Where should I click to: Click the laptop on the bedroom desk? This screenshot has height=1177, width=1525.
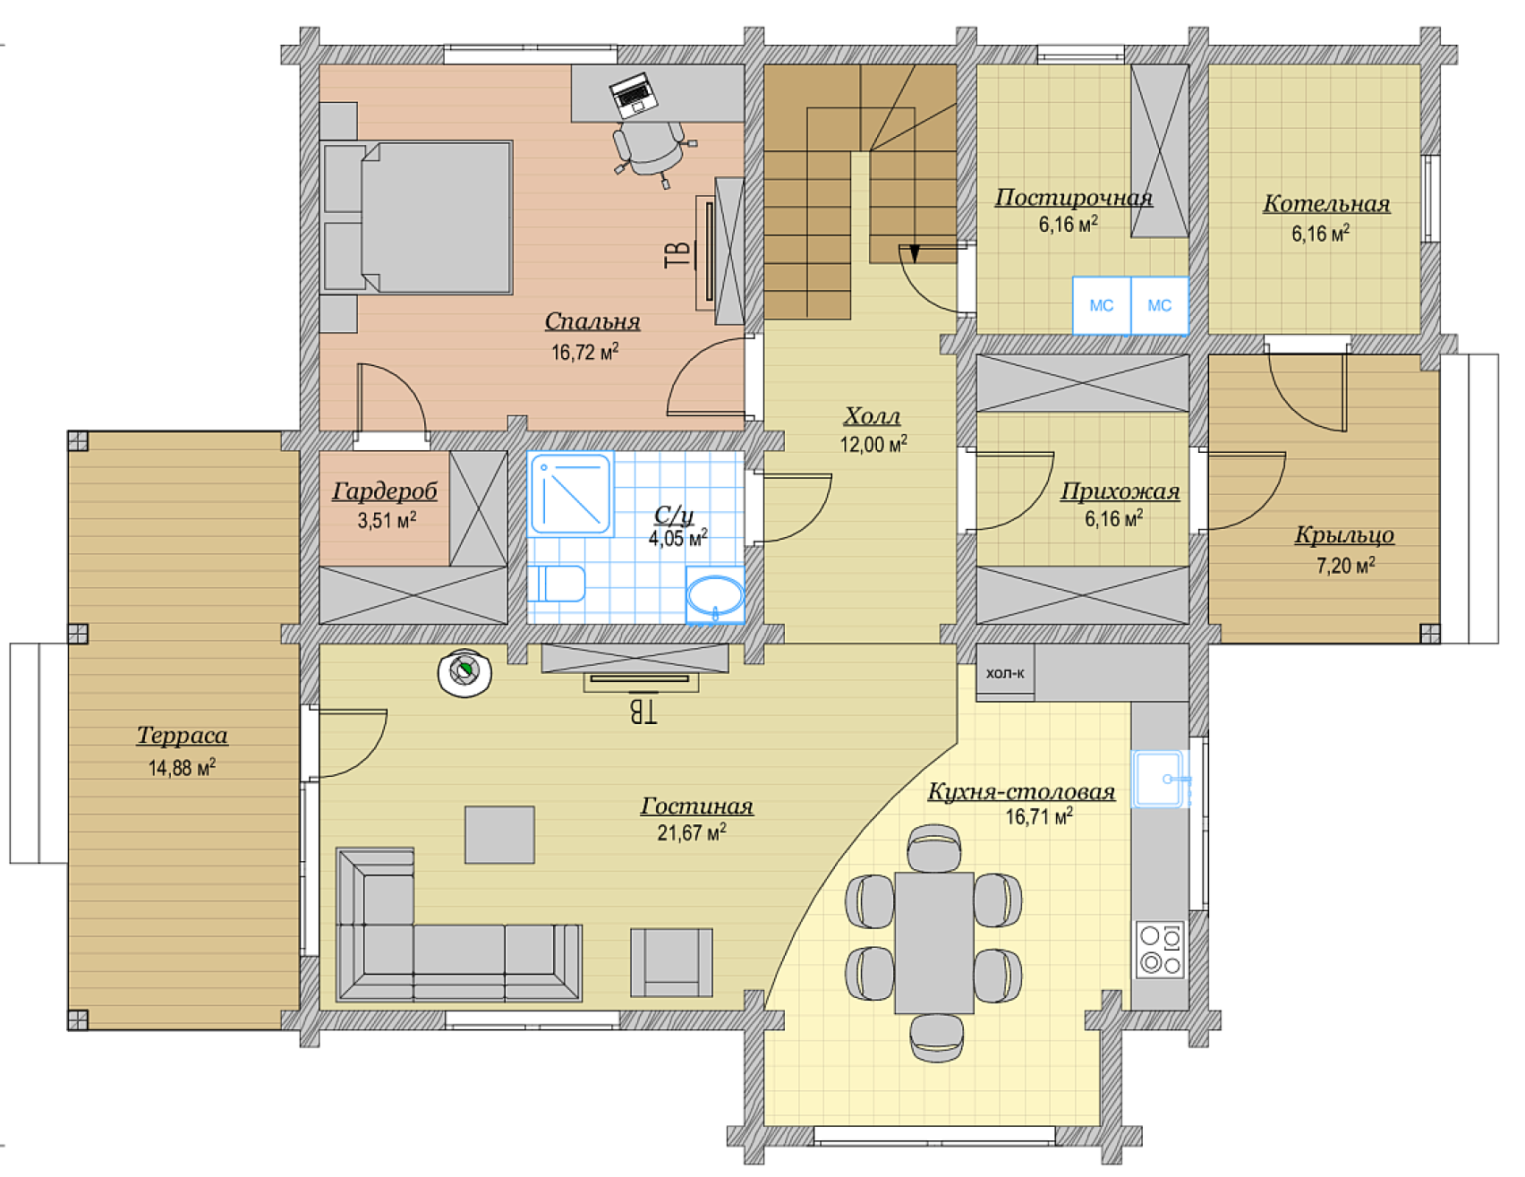coord(634,94)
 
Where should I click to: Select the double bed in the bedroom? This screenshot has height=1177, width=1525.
coord(417,217)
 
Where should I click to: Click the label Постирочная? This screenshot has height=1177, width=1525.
coord(1074,198)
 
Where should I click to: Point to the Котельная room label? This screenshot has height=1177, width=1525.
coord(1326,204)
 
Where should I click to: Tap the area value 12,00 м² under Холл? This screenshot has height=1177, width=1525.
coord(873,443)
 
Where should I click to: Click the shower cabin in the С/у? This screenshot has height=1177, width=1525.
coord(570,494)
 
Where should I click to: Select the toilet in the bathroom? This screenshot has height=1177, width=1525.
coord(556,584)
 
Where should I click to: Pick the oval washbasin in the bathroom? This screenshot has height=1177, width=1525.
coord(715,594)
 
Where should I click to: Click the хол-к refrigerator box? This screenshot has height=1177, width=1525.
coord(1005,672)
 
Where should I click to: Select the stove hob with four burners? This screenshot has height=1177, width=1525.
coord(1161,949)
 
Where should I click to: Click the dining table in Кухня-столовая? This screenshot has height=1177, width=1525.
coord(934,942)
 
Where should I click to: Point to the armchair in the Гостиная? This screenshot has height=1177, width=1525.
coord(671,962)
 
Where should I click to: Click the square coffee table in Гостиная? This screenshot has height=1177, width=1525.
coord(499,835)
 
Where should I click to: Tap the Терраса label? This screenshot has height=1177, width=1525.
coord(182,736)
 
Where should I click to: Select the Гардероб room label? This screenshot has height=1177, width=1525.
coord(385,491)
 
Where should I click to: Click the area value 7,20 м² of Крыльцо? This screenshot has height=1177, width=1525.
coord(1345,565)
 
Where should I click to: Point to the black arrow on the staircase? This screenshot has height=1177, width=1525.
coord(914,253)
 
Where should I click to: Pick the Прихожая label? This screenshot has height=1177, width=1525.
coord(1120,491)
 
